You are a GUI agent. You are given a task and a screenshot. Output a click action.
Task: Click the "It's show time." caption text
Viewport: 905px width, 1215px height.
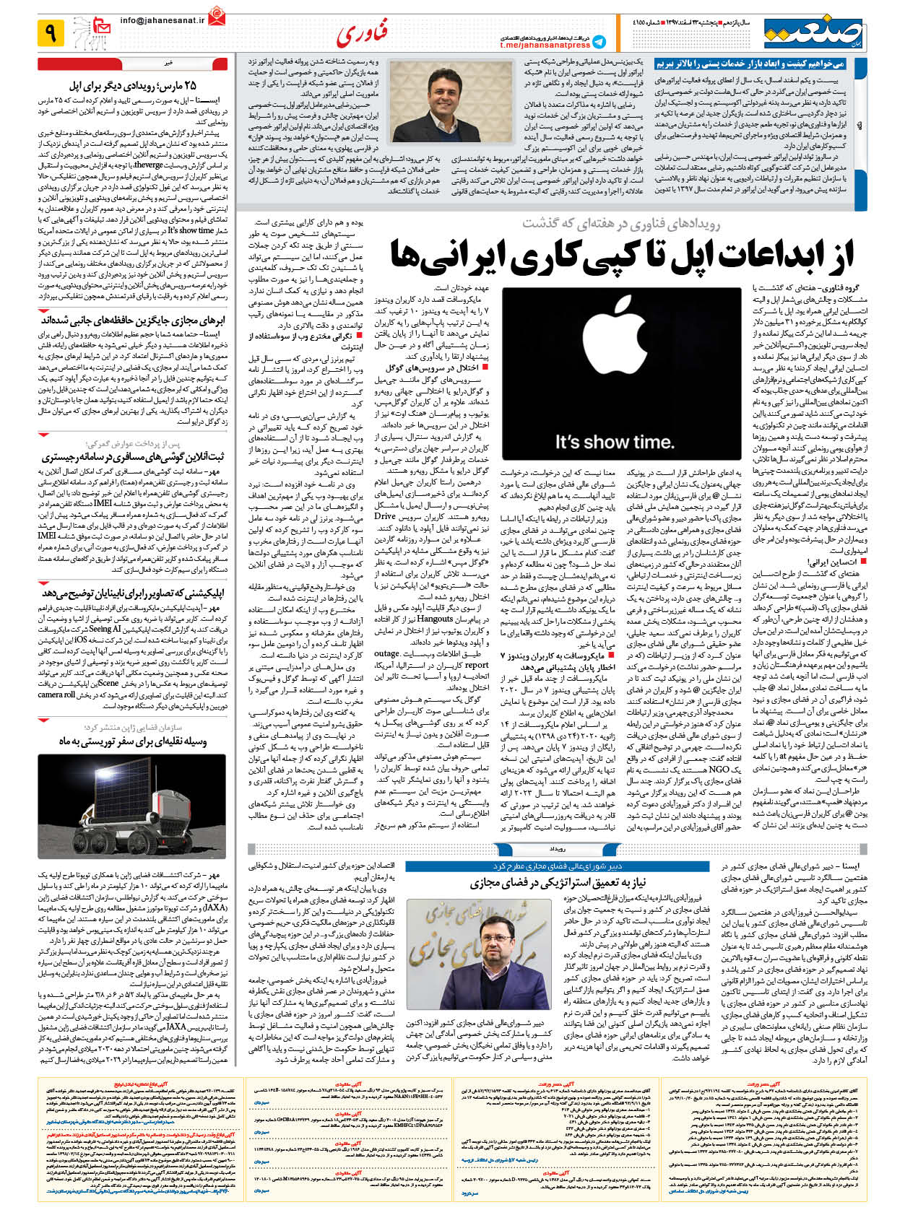click(615, 442)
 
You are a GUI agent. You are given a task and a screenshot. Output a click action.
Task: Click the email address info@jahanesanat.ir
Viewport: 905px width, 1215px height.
click(163, 21)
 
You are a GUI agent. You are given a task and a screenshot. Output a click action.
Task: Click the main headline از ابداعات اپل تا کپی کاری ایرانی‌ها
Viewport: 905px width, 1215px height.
click(622, 255)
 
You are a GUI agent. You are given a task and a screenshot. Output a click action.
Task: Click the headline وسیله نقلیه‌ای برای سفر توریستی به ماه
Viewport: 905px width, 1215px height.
click(133, 741)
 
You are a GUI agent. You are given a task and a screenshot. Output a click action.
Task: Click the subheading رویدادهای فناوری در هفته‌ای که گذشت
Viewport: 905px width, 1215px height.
click(620, 223)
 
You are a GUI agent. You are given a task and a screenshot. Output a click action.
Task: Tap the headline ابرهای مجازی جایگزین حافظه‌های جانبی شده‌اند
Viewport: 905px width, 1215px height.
click(133, 320)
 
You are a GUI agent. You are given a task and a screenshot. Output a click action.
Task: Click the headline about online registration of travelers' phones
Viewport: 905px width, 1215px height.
click(133, 456)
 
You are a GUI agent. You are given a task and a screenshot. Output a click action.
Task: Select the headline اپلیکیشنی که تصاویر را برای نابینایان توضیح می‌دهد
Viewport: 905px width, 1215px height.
click(133, 593)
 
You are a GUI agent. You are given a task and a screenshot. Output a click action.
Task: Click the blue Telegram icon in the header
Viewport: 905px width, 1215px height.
click(599, 42)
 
